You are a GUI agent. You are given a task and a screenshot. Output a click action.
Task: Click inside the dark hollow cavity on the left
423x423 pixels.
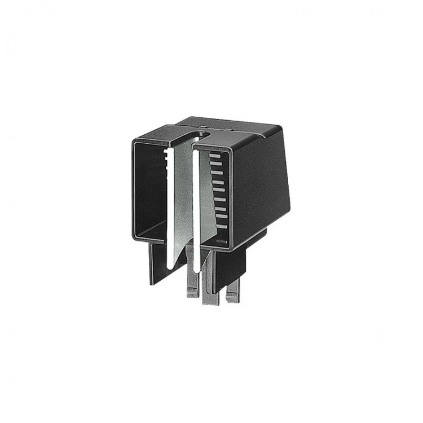tap(149, 186)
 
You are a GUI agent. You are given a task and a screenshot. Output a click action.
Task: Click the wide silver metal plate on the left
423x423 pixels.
tap(183, 197)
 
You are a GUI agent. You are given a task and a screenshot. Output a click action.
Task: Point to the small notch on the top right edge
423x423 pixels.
tap(263, 135)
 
